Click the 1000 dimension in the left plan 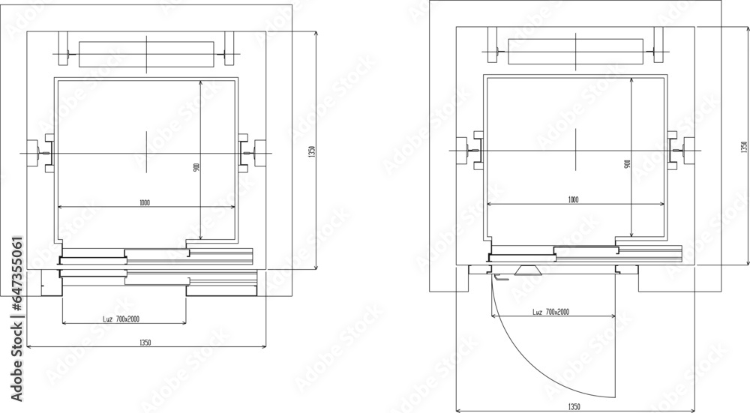pos(144,202)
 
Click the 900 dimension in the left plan pos(196,167)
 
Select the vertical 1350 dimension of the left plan pos(310,151)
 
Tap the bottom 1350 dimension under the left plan pos(145,343)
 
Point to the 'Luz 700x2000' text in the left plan pos(121,319)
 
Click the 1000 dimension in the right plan pos(573,199)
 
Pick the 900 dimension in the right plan pos(626,163)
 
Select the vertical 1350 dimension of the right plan pos(744,146)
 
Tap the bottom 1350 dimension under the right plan pos(574,406)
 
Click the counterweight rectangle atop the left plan pos(146,53)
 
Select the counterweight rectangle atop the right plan pos(575,51)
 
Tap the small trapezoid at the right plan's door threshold pos(529,270)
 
